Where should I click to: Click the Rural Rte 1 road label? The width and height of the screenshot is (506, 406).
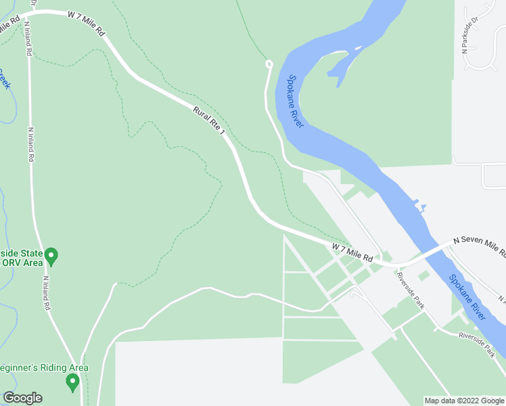click(x=209, y=120)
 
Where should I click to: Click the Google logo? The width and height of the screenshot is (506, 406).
click(x=22, y=398)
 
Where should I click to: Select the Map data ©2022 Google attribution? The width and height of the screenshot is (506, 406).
click(x=464, y=401)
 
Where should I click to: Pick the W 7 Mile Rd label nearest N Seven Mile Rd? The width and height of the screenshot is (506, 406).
click(x=352, y=253)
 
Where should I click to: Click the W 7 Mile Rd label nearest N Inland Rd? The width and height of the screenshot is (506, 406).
click(x=87, y=22)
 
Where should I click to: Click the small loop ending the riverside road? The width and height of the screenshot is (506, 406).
click(x=269, y=64)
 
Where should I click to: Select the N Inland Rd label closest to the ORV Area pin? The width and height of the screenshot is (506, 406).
click(x=47, y=293)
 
